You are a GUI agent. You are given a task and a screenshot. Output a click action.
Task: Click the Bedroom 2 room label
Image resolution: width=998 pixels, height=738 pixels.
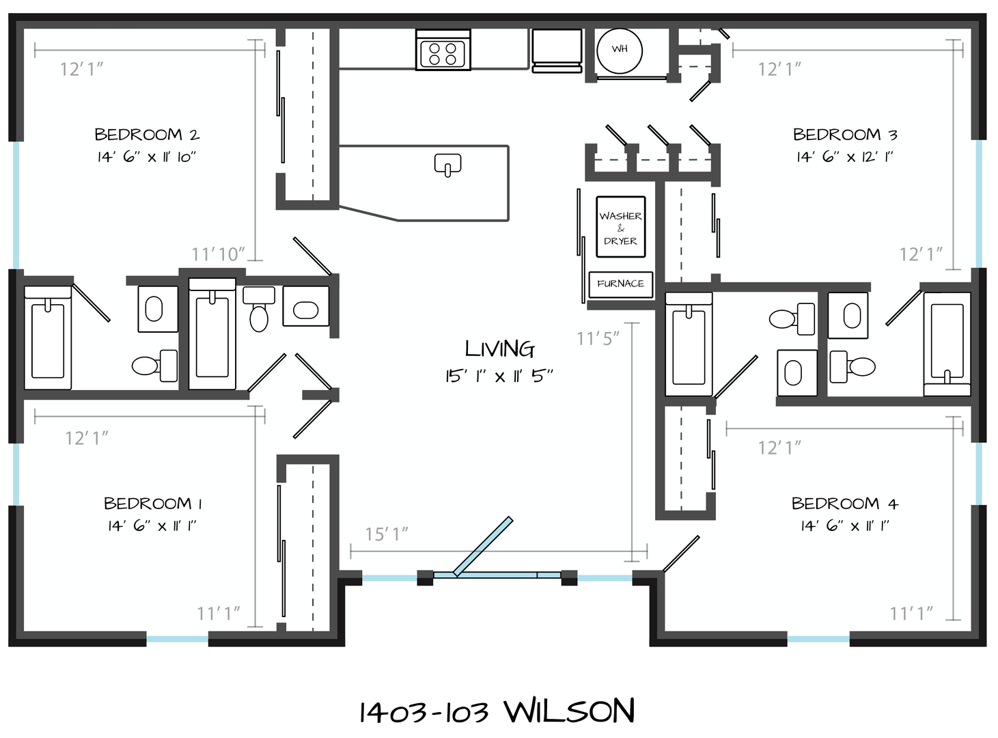pos(147,135)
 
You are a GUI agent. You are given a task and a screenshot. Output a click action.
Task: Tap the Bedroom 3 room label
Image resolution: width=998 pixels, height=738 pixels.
pos(845,135)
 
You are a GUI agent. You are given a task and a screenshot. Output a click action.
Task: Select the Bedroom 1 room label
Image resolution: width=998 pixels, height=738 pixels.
pos(152,503)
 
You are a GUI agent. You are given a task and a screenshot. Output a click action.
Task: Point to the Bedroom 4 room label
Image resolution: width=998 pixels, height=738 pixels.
pos(845,503)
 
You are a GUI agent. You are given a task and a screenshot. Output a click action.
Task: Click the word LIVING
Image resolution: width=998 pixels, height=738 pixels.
pos(499,349)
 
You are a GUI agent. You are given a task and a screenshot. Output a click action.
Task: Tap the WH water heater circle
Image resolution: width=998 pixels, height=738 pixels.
pos(620,51)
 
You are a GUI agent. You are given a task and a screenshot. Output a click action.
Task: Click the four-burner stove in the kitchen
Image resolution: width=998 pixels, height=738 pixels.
pos(443,50)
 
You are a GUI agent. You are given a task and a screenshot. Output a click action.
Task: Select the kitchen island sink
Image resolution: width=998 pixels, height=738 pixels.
pos(447,165)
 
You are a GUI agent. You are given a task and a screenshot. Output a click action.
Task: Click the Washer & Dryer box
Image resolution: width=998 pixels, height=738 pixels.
pos(621,227)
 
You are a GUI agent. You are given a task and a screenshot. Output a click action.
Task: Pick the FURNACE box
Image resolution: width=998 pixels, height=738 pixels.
pos(621,284)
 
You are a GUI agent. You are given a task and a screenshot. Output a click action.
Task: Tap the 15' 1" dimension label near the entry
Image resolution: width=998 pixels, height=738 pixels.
pos(387,534)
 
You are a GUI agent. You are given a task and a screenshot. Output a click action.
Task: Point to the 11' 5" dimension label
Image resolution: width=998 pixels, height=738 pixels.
pos(598,339)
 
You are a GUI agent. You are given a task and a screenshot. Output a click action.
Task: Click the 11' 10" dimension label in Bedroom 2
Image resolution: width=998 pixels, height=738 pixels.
pos(218,254)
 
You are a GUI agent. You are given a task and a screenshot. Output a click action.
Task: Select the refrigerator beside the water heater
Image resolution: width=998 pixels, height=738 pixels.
pos(557,51)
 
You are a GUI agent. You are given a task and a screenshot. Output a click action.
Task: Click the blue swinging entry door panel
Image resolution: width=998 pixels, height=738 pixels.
pos(483,546)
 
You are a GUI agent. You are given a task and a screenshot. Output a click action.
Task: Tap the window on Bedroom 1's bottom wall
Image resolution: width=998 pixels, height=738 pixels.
pos(178,639)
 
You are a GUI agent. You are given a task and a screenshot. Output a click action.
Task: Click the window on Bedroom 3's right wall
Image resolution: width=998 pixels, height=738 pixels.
pos(979,204)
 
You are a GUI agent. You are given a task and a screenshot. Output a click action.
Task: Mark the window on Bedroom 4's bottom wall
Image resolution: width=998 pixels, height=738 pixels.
pos(818,639)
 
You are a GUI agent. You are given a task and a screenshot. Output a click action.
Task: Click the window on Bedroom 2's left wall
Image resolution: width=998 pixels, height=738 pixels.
pos(16,205)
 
